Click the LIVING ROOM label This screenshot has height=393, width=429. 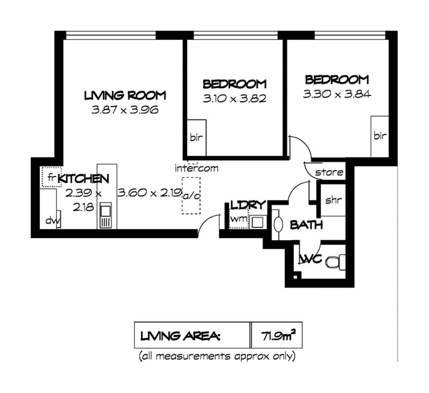point(125,95)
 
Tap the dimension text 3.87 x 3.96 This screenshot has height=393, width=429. point(125,110)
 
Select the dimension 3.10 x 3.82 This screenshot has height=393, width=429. point(234,99)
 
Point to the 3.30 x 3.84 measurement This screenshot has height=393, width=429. point(337,94)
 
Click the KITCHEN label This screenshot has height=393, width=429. point(84,179)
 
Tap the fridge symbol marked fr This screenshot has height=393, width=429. point(51,177)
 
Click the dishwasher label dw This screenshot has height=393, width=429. point(53,220)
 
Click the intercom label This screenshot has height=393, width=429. point(196,168)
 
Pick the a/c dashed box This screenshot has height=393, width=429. point(191,196)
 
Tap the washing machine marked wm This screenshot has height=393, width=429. point(239,219)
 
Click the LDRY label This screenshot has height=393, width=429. point(248,205)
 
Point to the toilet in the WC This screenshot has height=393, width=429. point(336,262)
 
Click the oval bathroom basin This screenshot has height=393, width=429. point(278,225)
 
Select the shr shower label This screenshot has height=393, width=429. point(333,200)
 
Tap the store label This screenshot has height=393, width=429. point(329,172)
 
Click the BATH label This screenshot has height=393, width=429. point(306,225)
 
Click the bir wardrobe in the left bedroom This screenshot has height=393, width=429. point(196,138)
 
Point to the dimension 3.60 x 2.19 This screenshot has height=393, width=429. point(150,193)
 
